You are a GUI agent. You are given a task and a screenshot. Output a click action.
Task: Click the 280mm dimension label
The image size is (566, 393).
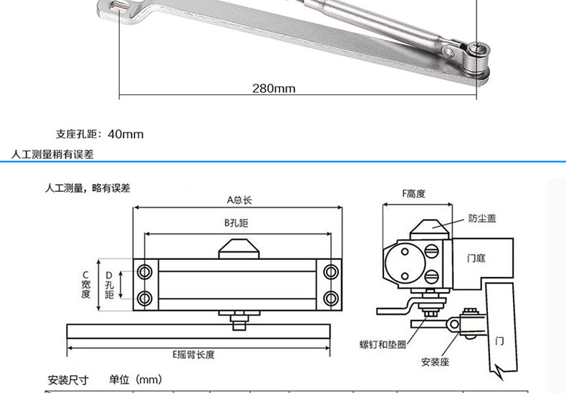(x=274, y=89)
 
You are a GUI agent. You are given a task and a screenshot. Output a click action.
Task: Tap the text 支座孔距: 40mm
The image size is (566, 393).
(x=100, y=134)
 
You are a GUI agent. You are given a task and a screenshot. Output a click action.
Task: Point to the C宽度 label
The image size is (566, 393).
(x=86, y=284)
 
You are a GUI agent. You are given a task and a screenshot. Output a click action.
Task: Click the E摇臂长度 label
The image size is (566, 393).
(x=193, y=354)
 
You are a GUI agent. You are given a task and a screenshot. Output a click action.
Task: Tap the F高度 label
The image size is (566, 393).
(x=414, y=193)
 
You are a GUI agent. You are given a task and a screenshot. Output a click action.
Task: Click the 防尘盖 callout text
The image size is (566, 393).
(x=482, y=218)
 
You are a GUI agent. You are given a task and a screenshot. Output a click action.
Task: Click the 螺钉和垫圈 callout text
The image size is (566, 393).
(x=383, y=344)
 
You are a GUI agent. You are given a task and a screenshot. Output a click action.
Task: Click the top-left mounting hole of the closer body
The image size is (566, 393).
(x=145, y=271)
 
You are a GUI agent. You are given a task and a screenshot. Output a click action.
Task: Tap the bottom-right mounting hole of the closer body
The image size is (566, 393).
(x=330, y=297)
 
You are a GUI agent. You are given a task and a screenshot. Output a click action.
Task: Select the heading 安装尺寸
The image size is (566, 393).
(x=67, y=379)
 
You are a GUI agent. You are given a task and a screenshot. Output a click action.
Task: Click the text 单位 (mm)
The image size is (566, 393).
(x=136, y=379)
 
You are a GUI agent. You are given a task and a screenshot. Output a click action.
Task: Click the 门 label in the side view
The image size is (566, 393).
(x=499, y=341)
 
